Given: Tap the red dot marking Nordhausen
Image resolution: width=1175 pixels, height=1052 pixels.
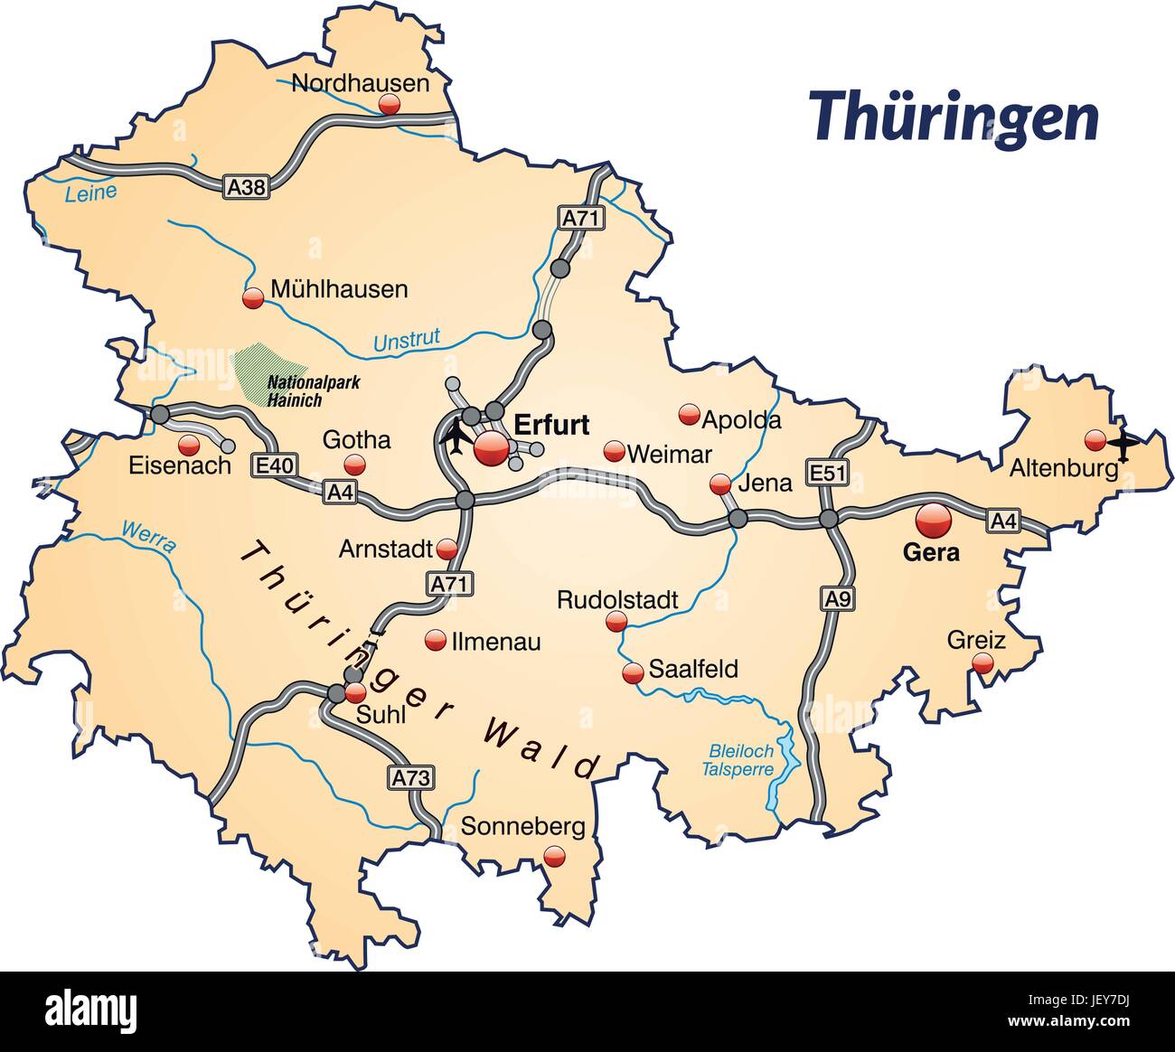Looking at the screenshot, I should (390, 106).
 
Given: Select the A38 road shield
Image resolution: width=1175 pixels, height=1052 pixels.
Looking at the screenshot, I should (247, 187).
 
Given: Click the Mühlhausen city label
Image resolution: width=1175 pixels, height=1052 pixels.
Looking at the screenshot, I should (339, 289).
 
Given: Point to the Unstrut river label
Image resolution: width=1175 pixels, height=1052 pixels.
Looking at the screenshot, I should (407, 340).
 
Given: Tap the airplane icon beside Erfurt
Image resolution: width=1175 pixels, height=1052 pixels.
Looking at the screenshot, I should (455, 437).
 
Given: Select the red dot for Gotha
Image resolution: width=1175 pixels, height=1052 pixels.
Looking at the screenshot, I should (353, 465).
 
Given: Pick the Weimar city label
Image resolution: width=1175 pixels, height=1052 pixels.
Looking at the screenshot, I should (669, 454).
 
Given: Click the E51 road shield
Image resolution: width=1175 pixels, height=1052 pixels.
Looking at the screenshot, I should (826, 472).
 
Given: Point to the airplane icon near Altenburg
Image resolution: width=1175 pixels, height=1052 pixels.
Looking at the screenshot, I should (1123, 445).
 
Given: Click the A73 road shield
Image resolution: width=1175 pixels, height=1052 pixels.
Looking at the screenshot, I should (411, 776).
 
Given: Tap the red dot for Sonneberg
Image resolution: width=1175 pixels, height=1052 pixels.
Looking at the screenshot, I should (554, 855).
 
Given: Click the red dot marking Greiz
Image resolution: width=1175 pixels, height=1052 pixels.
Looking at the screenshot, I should (982, 664).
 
